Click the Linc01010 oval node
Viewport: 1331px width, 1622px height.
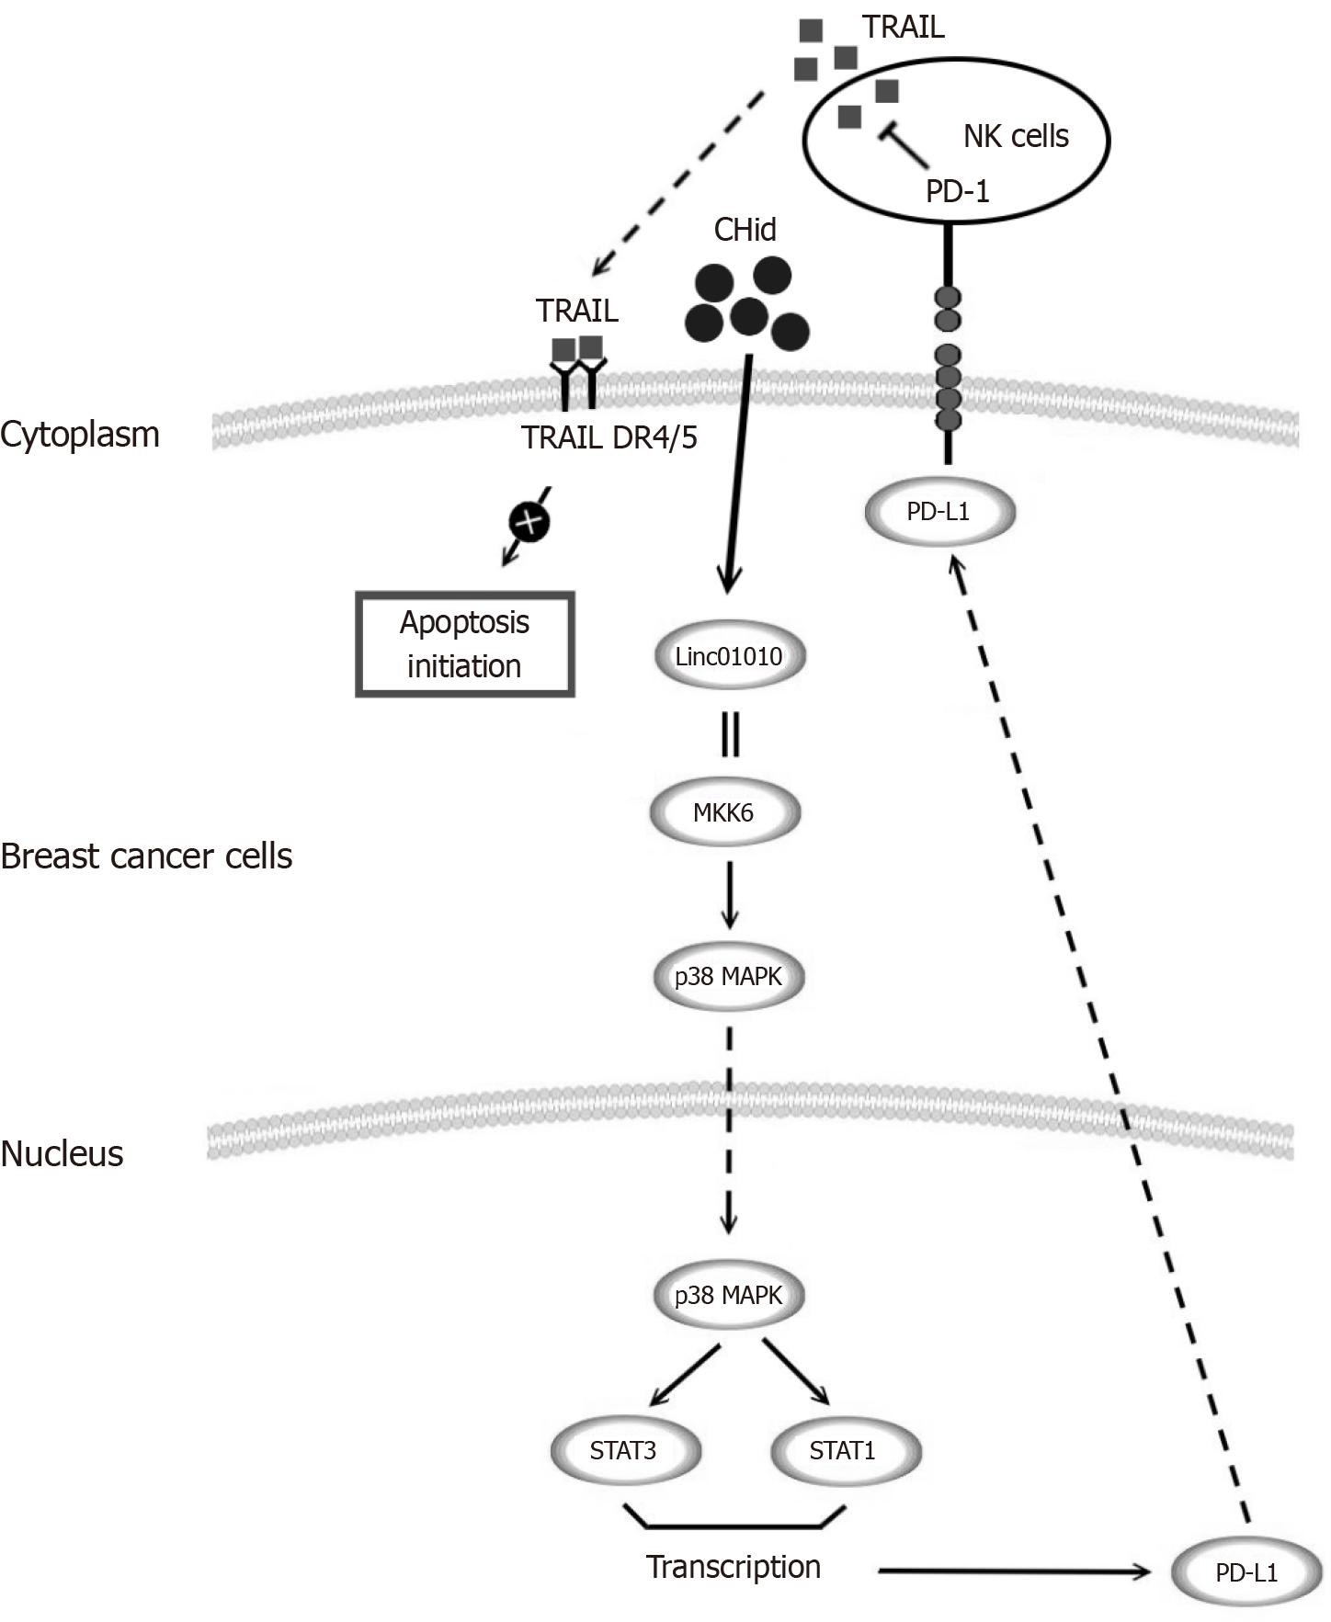coord(729,656)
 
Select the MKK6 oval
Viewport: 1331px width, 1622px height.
coord(724,812)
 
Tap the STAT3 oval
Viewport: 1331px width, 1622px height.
coord(624,1450)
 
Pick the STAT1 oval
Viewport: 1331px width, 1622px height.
coord(843,1450)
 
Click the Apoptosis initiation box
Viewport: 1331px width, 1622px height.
coord(465,644)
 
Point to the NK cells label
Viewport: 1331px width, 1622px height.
coord(1016,137)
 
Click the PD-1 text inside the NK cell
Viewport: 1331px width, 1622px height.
coord(957,191)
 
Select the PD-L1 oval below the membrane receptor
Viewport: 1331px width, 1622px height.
coord(939,512)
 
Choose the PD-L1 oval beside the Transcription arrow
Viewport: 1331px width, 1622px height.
coord(1246,1572)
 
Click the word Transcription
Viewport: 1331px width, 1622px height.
coord(734,1567)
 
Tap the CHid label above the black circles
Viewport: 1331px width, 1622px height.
coord(745,230)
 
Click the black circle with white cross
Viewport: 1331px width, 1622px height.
coord(529,523)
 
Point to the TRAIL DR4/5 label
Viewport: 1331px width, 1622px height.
coord(609,437)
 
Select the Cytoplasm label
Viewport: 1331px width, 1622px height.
coord(80,435)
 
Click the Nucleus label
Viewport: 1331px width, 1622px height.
coord(62,1153)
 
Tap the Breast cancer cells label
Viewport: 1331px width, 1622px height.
coord(146,856)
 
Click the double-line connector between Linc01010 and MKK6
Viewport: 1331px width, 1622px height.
coord(730,734)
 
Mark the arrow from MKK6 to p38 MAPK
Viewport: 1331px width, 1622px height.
coord(729,893)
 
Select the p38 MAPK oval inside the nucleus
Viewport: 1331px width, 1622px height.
coord(728,1296)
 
